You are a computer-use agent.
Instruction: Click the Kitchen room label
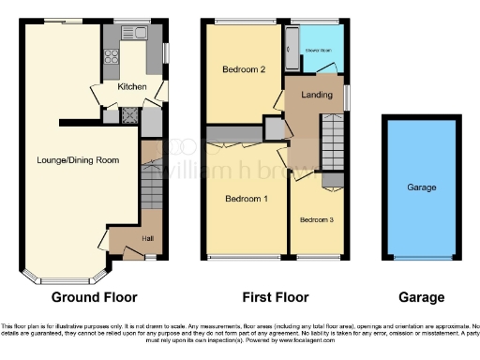point(131,87)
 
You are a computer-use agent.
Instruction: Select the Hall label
point(123,239)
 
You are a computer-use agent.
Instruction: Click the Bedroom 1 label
point(246,199)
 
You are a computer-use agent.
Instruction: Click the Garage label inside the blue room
point(421,187)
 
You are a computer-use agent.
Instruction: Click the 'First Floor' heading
point(270,297)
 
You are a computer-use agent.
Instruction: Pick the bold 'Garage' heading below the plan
point(421,297)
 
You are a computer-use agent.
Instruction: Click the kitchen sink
point(140,34)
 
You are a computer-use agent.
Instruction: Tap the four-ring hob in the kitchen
point(111,53)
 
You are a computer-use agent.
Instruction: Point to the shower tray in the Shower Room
point(291,47)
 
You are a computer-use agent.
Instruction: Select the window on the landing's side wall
point(347,97)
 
